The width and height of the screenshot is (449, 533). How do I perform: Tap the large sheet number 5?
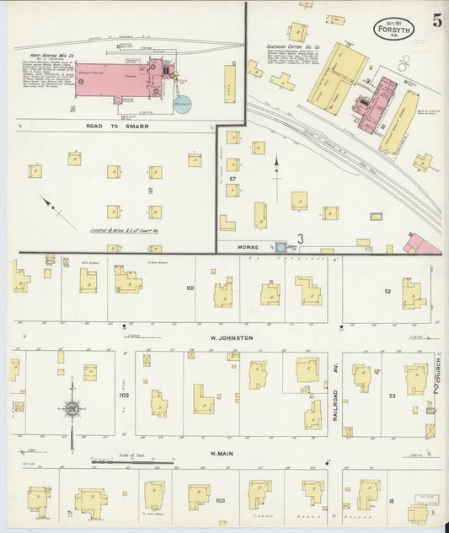tap(436, 22)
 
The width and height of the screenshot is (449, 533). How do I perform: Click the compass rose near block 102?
tap(72, 410)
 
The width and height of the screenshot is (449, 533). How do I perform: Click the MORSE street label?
tap(248, 247)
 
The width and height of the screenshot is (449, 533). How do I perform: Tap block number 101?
tap(190, 288)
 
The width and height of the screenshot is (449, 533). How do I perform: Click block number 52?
tap(388, 291)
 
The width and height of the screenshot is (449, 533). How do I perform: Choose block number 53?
tap(392, 395)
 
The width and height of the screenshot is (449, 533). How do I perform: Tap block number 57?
tap(232, 179)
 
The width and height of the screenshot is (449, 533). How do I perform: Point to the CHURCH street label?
tap(438, 369)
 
